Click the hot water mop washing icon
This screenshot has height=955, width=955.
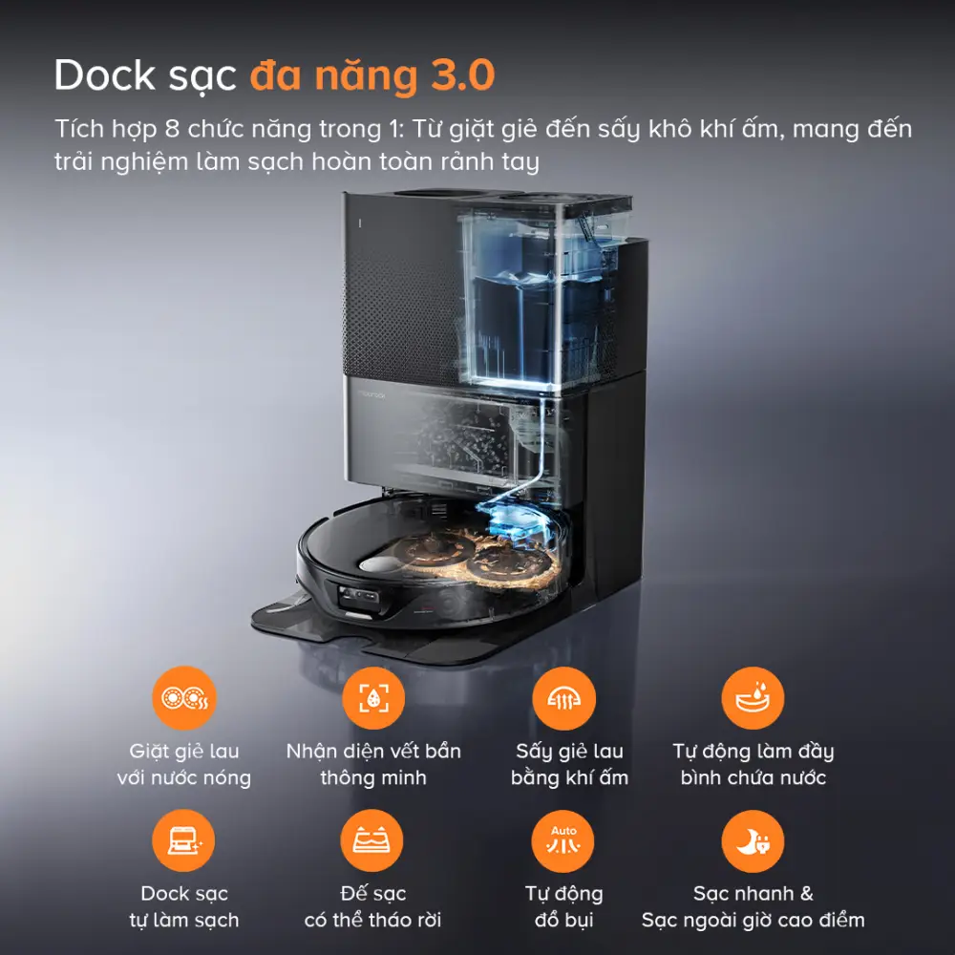pyautogui.click(x=184, y=698)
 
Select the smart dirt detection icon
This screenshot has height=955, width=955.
pyautogui.click(x=373, y=698)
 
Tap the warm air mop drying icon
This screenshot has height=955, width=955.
pyautogui.click(x=563, y=698)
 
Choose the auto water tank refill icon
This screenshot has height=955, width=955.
pyautogui.click(x=753, y=698)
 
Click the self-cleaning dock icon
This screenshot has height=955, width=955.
pyautogui.click(x=184, y=840)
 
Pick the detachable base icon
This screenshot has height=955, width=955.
pyautogui.click(x=373, y=840)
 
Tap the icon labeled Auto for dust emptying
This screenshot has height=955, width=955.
pyautogui.click(x=563, y=840)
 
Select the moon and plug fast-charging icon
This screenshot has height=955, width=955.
pyautogui.click(x=753, y=840)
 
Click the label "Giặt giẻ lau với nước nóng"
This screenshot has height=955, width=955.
pyautogui.click(x=184, y=764)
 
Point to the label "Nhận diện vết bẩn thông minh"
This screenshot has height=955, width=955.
pyautogui.click(x=373, y=764)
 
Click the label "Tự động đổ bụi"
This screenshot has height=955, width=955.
pyautogui.click(x=563, y=907)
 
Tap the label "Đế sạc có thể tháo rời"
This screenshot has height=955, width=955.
pyautogui.click(x=373, y=907)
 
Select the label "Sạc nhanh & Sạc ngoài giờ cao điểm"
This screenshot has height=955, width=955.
pyautogui.click(x=753, y=907)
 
